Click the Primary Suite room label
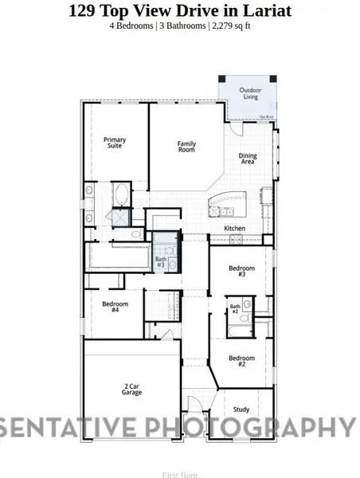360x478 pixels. coord(115,143)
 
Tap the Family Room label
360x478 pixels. coord(186,147)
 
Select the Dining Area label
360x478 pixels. coord(248,159)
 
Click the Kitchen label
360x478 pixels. coord(234,229)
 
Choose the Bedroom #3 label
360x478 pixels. coord(242,271)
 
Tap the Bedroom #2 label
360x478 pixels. coord(242,361)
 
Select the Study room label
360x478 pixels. coord(241,409)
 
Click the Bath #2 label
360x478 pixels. coord(235,308)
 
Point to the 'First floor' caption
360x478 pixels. coord(179,474)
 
